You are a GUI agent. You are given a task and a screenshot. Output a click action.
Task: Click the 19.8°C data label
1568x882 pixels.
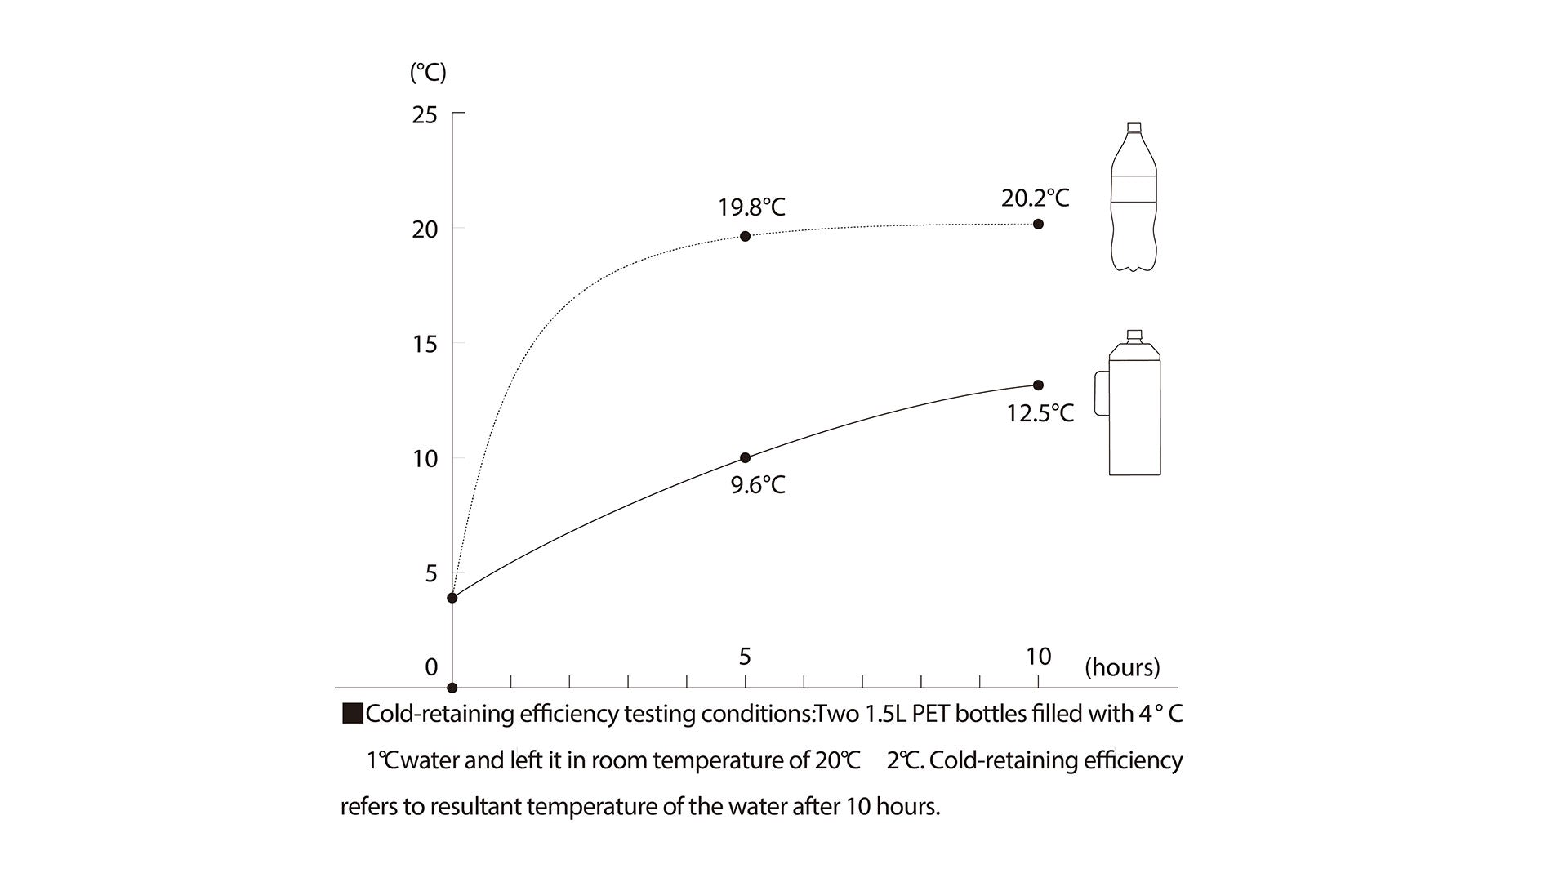(x=751, y=207)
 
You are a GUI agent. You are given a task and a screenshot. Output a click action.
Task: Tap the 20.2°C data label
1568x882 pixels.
(x=1035, y=198)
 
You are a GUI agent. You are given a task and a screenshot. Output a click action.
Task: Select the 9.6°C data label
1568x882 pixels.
(x=758, y=485)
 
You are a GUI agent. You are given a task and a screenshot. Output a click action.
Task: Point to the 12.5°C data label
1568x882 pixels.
(x=1040, y=413)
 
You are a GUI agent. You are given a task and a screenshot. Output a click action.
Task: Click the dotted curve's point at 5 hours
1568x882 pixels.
(x=745, y=236)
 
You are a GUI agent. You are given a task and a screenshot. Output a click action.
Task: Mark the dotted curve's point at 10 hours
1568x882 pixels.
(x=1038, y=224)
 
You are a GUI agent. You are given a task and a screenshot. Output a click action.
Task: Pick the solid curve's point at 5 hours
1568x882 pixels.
(x=745, y=457)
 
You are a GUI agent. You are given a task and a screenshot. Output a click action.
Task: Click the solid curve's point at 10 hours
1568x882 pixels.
(x=1038, y=385)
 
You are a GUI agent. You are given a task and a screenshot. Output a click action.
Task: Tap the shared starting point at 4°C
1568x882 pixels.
(x=452, y=598)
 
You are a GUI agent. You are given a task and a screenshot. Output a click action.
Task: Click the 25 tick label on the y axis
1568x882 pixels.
(x=425, y=114)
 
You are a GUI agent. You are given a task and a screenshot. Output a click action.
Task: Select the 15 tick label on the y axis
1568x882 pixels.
(x=425, y=344)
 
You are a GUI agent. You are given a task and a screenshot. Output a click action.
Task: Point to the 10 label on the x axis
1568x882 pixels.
(x=1038, y=656)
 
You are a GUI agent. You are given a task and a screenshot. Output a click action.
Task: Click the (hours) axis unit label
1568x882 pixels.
(x=1122, y=667)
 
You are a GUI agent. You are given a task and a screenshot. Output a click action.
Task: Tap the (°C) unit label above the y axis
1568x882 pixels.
(x=428, y=73)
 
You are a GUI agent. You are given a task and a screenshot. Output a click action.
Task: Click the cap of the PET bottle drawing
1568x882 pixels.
(x=1134, y=128)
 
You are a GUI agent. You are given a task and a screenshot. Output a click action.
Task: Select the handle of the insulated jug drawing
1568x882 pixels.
(x=1101, y=393)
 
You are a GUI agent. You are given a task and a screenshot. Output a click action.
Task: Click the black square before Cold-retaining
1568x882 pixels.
(x=352, y=714)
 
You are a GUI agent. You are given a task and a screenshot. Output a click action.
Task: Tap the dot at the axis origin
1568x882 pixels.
(x=452, y=688)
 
